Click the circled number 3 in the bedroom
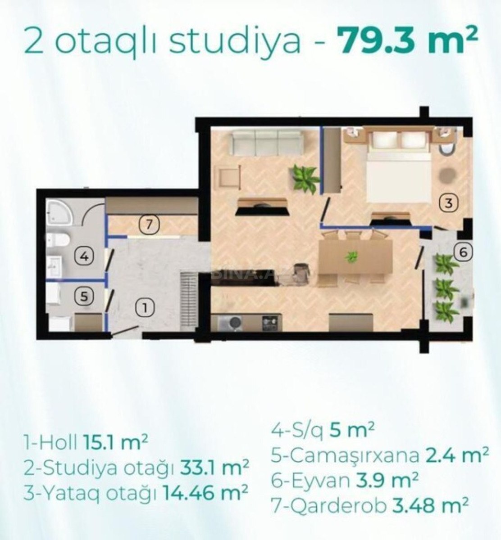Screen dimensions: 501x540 tap(449, 203)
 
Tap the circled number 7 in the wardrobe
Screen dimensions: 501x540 tap(149, 225)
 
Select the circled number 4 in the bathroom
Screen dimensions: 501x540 tap(85, 256)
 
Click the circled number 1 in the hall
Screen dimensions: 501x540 tap(145, 308)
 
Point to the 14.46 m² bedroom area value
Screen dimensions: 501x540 tap(205, 494)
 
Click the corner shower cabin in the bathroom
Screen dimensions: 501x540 tap(59, 212)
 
